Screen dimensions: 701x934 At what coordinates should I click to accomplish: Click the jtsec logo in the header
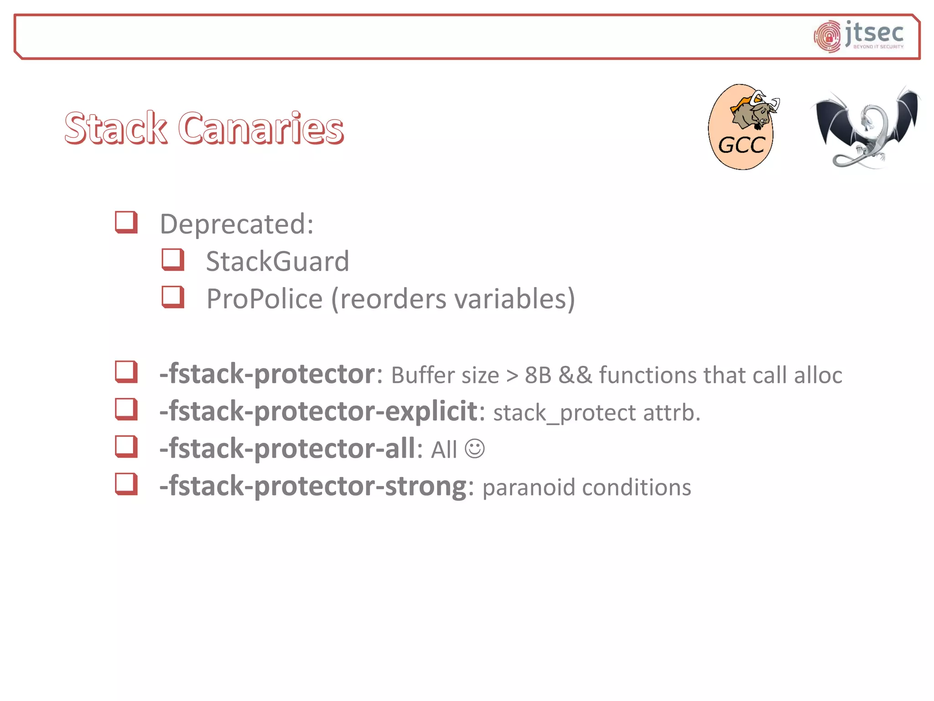tap(859, 36)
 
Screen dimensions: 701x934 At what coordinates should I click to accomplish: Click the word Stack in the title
tap(116, 128)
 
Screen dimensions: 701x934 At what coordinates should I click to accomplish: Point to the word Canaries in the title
tap(260, 128)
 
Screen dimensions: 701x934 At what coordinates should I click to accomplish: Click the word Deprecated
tap(236, 224)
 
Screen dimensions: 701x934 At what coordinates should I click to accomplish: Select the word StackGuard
tap(277, 262)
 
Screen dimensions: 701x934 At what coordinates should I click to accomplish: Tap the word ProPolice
tap(265, 299)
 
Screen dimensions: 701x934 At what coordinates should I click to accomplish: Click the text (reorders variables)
tap(453, 299)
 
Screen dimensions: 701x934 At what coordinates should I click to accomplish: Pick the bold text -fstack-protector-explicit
tap(318, 411)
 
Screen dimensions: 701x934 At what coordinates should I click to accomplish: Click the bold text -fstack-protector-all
tap(287, 449)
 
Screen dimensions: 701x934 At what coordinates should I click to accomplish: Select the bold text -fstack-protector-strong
tap(313, 486)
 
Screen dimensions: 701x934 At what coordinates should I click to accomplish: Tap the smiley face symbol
tap(474, 449)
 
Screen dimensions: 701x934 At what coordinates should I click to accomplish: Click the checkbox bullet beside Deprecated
tap(126, 222)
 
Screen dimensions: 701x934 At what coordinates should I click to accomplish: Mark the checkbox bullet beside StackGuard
tap(173, 260)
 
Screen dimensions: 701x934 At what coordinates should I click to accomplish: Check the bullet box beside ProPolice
tap(173, 297)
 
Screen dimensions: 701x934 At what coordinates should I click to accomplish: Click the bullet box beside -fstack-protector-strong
tap(126, 484)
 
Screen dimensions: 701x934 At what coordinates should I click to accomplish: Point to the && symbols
tap(575, 375)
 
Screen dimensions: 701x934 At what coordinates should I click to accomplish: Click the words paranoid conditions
tap(586, 487)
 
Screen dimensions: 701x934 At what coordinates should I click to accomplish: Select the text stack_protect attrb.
tap(597, 413)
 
